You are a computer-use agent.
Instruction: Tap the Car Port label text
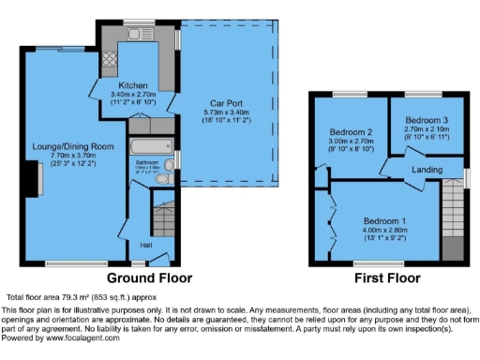click(x=221, y=102)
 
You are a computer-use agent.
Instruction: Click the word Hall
click(x=146, y=245)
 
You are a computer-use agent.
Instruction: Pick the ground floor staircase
click(x=163, y=217)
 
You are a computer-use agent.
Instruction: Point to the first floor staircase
click(x=453, y=216)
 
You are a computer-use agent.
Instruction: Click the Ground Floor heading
click(x=149, y=278)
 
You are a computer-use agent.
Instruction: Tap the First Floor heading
click(x=387, y=278)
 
